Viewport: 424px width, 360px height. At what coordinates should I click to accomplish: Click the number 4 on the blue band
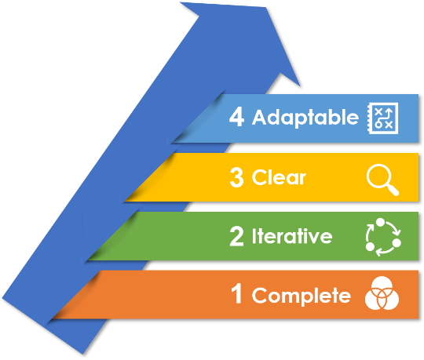[236, 117]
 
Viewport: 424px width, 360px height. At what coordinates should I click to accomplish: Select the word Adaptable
[305, 118]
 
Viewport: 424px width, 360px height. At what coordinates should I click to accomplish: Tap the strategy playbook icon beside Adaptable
[382, 118]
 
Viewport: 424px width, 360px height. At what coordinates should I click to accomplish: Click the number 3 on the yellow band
[236, 177]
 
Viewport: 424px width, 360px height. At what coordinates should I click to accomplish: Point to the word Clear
[279, 177]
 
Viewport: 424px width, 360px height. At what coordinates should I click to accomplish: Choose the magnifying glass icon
[382, 180]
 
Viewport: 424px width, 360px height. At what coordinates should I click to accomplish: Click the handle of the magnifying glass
[393, 190]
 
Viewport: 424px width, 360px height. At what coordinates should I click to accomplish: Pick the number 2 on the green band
[236, 236]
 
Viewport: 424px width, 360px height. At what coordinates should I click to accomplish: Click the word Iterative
[292, 236]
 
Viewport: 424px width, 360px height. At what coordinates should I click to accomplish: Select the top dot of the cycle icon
[380, 222]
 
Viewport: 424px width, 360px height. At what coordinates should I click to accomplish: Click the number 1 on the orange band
[236, 293]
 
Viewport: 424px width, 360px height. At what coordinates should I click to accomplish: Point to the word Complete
[302, 296]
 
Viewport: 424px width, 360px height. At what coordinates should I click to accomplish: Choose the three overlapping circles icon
[382, 293]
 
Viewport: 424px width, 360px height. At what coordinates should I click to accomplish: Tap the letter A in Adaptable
[261, 117]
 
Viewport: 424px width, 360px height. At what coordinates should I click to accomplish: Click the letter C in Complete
[260, 295]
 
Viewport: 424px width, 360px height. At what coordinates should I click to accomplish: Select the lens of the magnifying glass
[378, 176]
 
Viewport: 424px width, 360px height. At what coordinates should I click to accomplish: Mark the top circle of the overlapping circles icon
[382, 286]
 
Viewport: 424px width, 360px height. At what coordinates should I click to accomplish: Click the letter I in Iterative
[254, 236]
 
